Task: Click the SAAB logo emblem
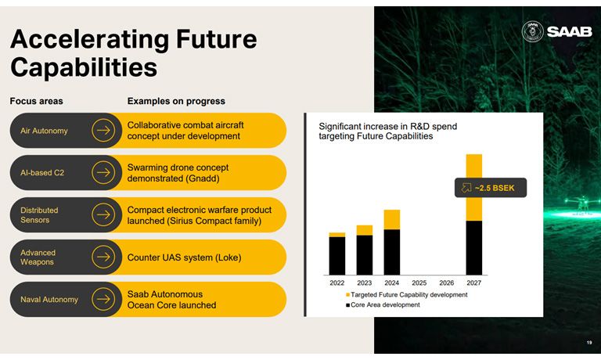coord(533,31)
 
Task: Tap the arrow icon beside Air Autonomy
coord(103,131)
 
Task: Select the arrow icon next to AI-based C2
coord(103,172)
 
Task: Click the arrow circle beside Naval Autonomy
coord(103,299)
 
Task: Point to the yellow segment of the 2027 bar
coord(473,188)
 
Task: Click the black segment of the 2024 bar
coord(392,252)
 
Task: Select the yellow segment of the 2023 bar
coord(364,230)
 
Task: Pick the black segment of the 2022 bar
coord(337,256)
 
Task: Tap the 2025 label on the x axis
coord(419,283)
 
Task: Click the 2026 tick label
coord(447,283)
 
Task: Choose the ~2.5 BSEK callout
coord(491,188)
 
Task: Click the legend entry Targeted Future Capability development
coord(407,294)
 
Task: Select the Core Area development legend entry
coord(383,304)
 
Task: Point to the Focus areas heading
coord(37,101)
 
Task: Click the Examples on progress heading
coord(176,101)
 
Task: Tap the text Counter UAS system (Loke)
coord(185,257)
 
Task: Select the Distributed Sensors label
coord(39,215)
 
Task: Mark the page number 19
coord(589,342)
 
